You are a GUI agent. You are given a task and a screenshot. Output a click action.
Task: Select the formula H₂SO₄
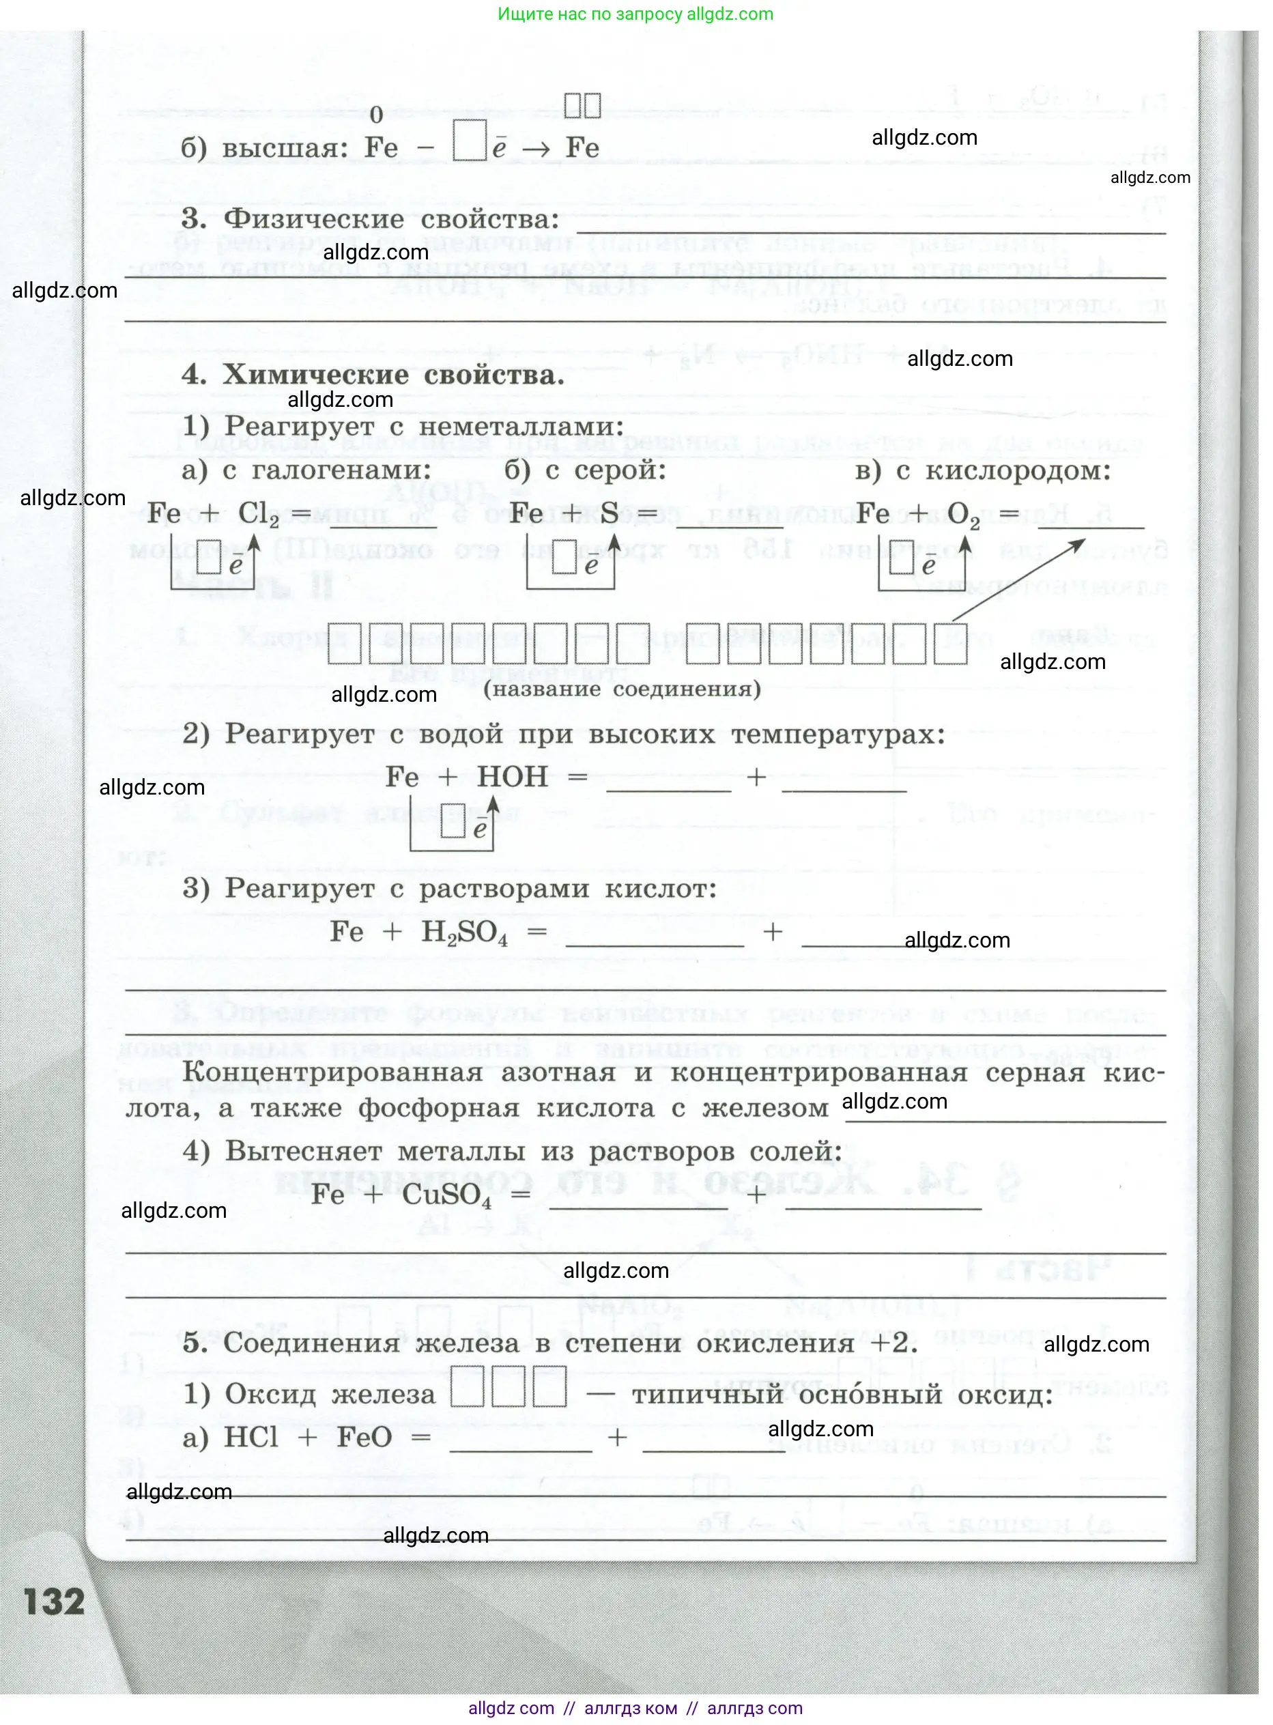465,933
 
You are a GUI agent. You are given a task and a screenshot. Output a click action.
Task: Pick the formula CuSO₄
446,1196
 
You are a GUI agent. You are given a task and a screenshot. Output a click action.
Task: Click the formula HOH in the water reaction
513,778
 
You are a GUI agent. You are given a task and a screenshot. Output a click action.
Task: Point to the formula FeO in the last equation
364,1438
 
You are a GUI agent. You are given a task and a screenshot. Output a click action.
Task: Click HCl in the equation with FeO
251,1438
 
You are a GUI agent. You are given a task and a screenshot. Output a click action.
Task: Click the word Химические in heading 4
316,375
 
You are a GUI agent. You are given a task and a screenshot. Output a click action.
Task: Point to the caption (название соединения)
622,689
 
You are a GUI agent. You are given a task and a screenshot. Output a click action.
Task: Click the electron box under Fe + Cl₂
209,557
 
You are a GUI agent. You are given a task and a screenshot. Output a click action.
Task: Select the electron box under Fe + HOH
453,821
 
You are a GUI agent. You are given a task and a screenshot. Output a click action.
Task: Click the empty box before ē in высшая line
470,140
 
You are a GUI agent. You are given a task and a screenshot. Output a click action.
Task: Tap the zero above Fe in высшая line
376,115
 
